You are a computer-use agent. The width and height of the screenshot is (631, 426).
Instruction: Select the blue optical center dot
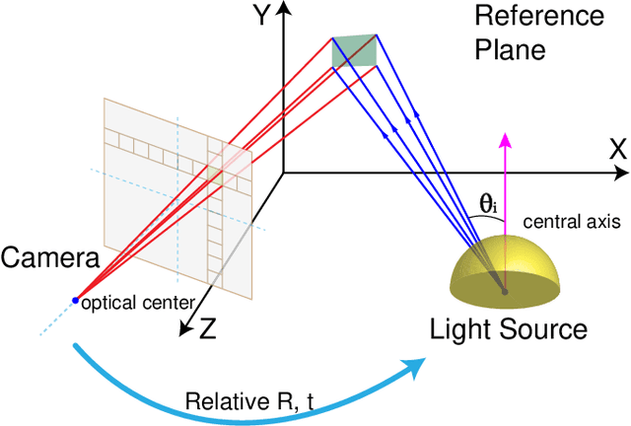point(76,299)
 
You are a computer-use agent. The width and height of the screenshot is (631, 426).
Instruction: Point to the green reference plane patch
point(354,51)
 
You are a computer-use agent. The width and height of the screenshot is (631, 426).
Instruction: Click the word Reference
point(538,17)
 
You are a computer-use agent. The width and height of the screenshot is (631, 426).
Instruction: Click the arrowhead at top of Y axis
point(284,10)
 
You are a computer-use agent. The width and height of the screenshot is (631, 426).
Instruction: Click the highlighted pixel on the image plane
point(214,174)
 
